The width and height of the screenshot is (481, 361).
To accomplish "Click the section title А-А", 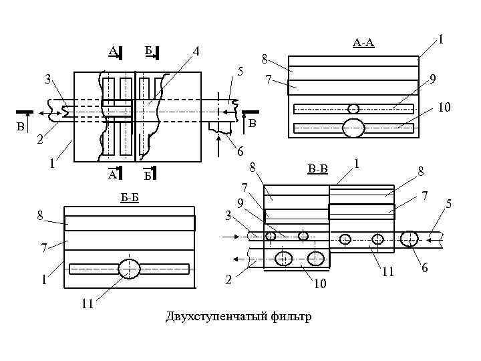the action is [363, 43].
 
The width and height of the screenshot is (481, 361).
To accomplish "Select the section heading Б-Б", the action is [130, 198].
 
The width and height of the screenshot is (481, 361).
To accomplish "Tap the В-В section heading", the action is [317, 169].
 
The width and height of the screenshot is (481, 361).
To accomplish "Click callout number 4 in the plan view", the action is [196, 51].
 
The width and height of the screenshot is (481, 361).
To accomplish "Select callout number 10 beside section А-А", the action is [444, 107].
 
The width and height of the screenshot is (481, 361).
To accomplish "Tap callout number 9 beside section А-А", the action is [432, 79].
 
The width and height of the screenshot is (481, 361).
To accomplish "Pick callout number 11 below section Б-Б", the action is [88, 304].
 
